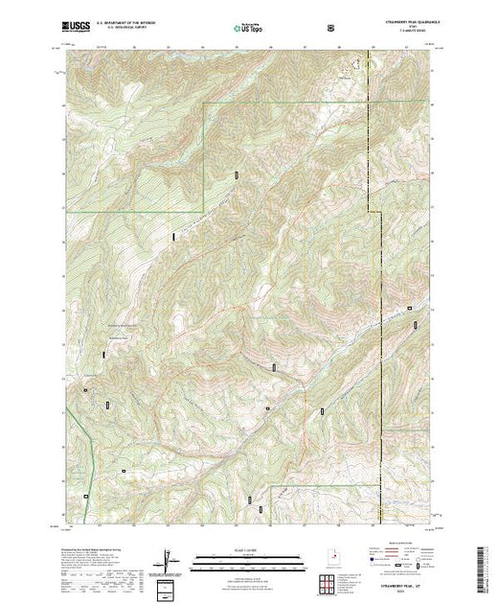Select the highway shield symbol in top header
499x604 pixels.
click(330, 28)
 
